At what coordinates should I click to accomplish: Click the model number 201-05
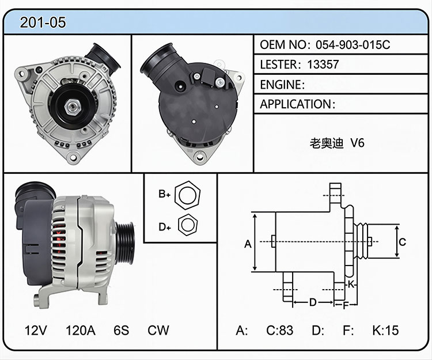(43, 22)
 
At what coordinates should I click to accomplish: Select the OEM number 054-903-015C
(353, 44)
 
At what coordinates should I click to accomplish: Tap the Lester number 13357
(323, 65)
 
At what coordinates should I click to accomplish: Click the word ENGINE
(281, 85)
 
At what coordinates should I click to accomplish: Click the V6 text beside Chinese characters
(357, 143)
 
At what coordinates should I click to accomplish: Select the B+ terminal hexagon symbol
(187, 195)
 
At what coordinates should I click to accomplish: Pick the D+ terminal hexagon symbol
(188, 225)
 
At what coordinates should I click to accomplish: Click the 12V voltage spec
(36, 330)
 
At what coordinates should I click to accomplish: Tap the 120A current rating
(81, 330)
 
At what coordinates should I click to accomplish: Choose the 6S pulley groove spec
(121, 330)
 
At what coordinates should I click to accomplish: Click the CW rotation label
(158, 330)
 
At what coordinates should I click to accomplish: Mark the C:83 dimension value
(279, 330)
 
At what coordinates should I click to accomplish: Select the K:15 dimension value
(385, 330)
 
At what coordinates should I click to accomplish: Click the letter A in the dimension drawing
(248, 244)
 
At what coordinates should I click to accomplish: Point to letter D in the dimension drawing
(313, 302)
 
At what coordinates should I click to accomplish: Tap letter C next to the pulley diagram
(402, 242)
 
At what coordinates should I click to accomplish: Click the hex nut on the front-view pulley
(73, 107)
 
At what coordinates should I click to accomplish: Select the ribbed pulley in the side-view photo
(125, 243)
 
